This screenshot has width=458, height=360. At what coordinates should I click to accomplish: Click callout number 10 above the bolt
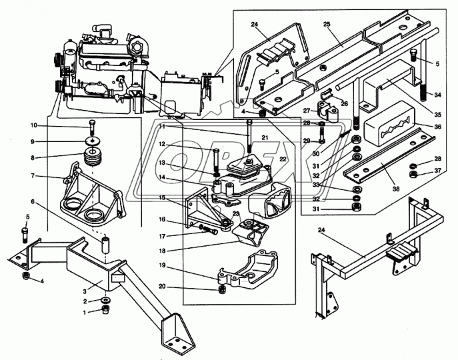coord(33,125)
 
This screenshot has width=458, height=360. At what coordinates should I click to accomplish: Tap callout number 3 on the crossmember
coord(85,292)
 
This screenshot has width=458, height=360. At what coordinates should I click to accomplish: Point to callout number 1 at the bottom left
coord(85,312)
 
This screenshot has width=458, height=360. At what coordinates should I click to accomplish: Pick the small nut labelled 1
coord(105,311)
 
